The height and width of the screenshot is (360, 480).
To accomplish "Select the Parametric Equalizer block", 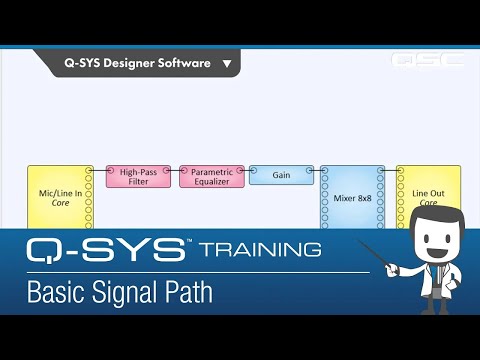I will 212,177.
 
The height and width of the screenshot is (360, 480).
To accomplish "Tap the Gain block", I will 280,175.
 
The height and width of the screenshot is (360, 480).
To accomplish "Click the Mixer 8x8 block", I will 352,197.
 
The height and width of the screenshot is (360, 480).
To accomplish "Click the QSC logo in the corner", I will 427,60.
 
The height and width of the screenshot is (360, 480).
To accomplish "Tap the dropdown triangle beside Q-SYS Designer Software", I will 227,64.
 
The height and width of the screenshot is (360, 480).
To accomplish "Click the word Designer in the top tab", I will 136,63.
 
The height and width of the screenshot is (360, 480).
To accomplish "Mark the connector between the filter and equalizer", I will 175,171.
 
